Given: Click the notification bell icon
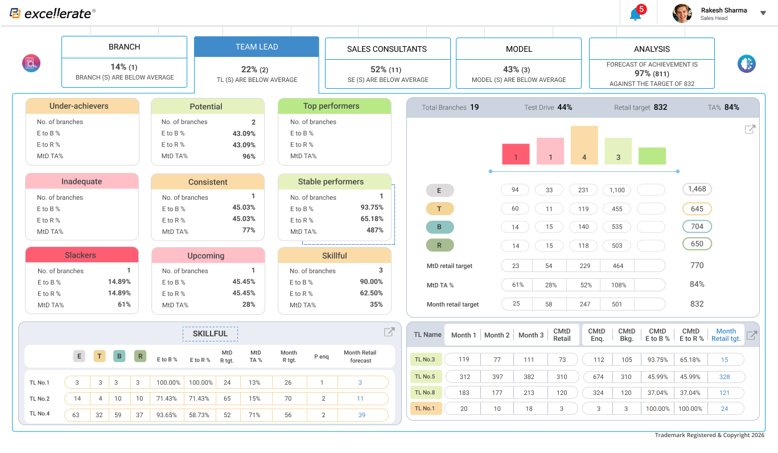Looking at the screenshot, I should [x=636, y=14].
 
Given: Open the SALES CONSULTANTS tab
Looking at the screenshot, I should [x=387, y=49].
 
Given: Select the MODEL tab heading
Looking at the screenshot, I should [x=518, y=49].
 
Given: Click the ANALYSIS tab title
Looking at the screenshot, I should [x=652, y=49].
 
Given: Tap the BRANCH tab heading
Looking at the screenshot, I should [x=124, y=47].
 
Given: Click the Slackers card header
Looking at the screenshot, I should [x=81, y=255].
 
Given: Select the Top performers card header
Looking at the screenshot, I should [x=334, y=106].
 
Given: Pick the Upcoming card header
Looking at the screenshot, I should [x=208, y=256].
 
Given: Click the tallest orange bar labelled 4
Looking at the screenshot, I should [x=584, y=145].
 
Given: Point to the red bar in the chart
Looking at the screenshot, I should [x=516, y=154].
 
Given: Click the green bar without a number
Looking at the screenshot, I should [x=652, y=156].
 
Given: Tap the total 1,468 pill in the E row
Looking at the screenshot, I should [x=697, y=189].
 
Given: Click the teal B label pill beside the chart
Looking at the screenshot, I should [x=439, y=226].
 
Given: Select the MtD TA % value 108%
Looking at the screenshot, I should [x=617, y=285].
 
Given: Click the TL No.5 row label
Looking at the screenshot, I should [x=425, y=376].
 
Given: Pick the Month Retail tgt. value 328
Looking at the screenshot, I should [x=725, y=377].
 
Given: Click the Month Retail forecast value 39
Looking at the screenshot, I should [x=361, y=415].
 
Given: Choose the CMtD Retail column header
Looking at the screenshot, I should [x=562, y=335].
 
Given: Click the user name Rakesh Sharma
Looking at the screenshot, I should [x=723, y=10].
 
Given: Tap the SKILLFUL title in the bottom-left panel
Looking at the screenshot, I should [x=210, y=333].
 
